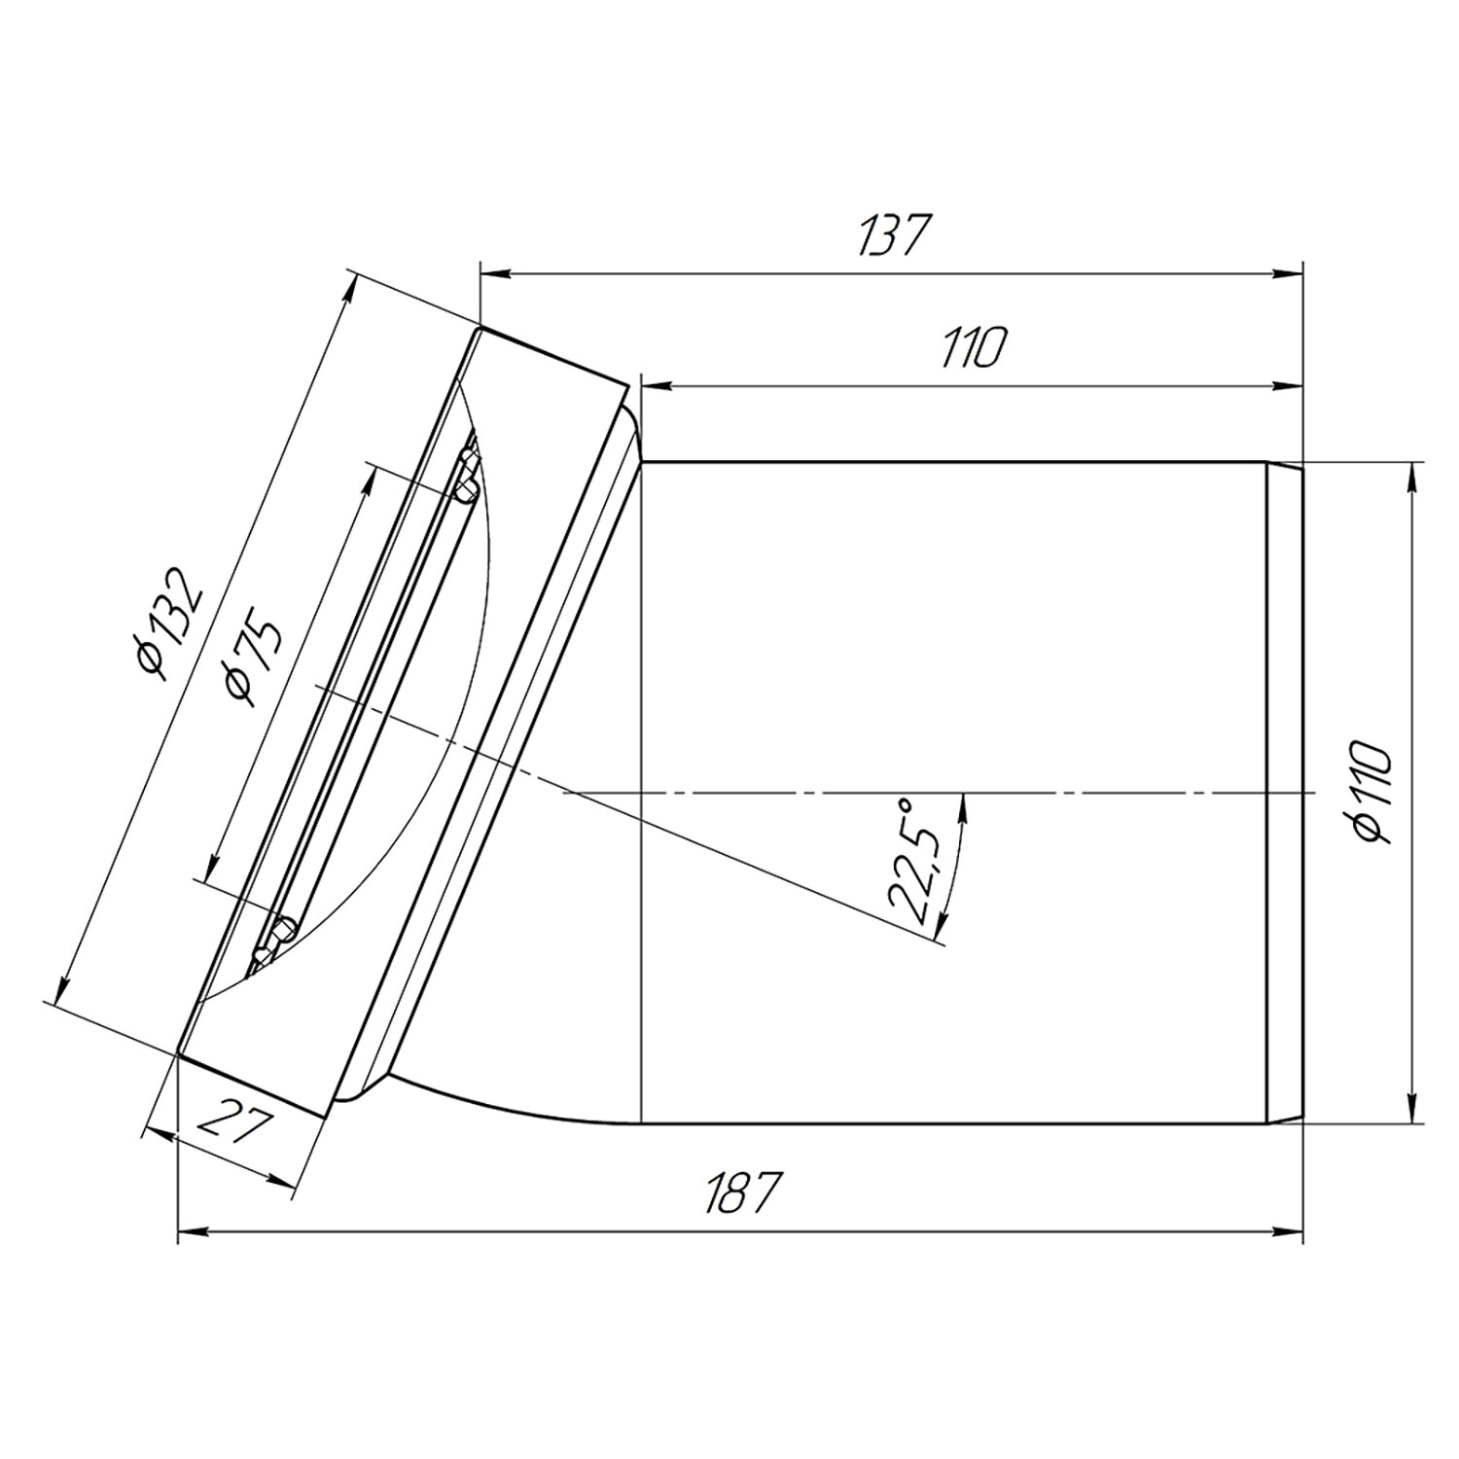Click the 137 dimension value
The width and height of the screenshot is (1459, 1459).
click(x=890, y=237)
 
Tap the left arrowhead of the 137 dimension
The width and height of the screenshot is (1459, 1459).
click(x=493, y=274)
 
